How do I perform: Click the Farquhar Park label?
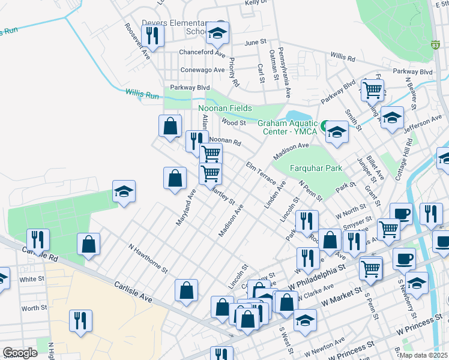(316, 169)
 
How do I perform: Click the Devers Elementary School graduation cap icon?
(217, 34)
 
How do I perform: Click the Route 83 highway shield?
(435, 44)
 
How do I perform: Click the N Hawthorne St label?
(147, 257)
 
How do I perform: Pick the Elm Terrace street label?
(261, 173)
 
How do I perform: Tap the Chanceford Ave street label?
(202, 52)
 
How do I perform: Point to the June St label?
(255, 43)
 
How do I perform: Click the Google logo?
(20, 353)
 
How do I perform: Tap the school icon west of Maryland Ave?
(124, 191)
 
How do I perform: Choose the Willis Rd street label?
(343, 58)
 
